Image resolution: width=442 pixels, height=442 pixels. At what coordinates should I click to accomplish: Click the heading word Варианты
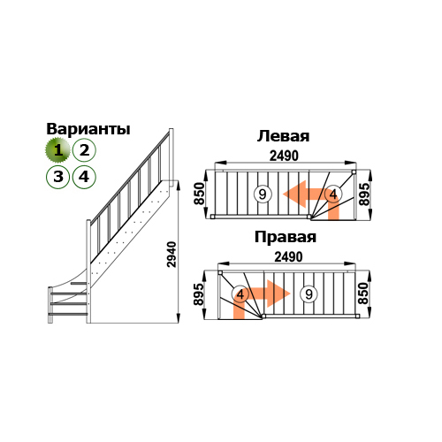(x=88, y=129)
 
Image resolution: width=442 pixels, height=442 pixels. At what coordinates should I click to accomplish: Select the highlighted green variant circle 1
(x=57, y=150)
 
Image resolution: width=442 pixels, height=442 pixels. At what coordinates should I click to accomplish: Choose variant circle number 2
(x=84, y=150)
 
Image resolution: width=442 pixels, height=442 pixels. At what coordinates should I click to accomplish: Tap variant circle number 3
(x=58, y=177)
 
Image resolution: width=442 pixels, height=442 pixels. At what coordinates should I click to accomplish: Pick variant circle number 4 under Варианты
(x=84, y=177)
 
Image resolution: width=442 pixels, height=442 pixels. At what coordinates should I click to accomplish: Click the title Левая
(x=283, y=136)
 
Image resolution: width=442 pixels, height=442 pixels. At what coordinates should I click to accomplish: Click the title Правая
(x=286, y=237)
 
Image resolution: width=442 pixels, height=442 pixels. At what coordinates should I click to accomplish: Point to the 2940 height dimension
(x=171, y=255)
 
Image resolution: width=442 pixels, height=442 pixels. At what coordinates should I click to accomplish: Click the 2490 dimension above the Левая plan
(x=284, y=156)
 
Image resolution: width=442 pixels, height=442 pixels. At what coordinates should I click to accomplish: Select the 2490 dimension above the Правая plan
(x=288, y=257)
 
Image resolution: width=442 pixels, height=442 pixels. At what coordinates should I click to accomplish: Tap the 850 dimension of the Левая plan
(x=199, y=194)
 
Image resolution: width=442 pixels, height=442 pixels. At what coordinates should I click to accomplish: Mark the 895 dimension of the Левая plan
(x=364, y=194)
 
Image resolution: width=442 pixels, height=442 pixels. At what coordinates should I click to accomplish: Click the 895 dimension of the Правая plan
(x=198, y=294)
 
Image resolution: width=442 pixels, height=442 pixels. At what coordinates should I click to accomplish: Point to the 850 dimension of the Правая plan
(x=363, y=293)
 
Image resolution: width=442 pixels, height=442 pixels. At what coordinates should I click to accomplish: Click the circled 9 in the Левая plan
(x=262, y=194)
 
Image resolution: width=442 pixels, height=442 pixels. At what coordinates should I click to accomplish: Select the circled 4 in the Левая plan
(x=333, y=194)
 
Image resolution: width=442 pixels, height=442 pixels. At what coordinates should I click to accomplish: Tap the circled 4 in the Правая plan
(x=240, y=294)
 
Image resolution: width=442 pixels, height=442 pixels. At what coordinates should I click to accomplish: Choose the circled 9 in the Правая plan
(x=309, y=294)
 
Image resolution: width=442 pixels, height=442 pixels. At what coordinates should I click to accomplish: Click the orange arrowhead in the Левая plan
(x=295, y=194)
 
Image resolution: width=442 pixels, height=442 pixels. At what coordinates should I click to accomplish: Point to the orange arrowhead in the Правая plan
(x=278, y=293)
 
